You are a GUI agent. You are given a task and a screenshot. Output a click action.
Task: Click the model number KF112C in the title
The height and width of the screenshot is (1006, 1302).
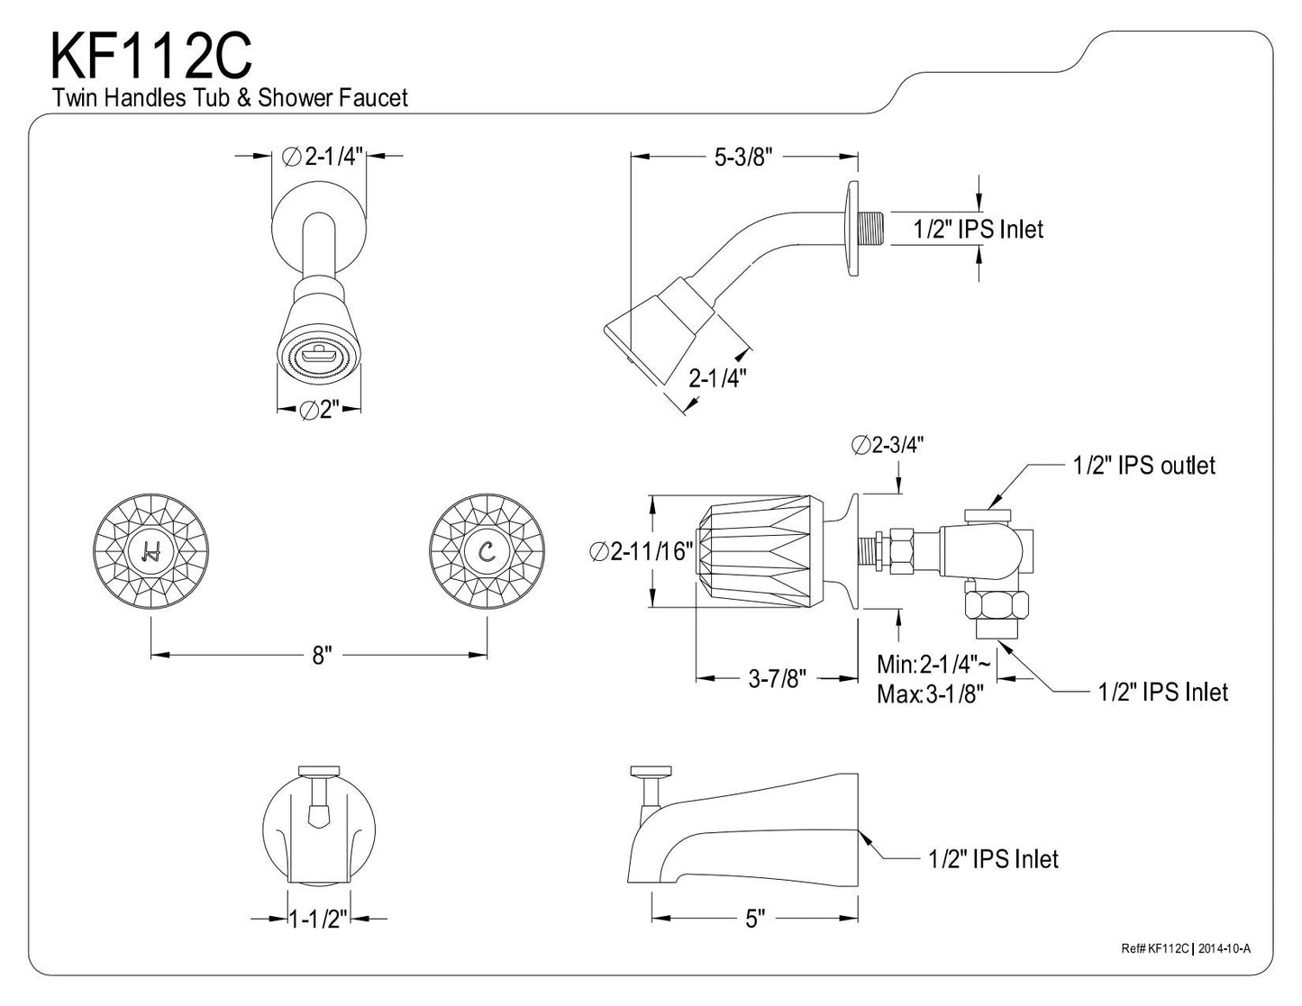point(150,56)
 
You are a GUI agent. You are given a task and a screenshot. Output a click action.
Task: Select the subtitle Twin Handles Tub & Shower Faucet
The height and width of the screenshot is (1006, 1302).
point(230,98)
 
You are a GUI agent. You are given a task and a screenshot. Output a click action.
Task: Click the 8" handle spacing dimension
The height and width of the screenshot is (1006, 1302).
point(322,655)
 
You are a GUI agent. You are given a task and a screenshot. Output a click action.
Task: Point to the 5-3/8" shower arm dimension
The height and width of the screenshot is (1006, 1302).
point(744,157)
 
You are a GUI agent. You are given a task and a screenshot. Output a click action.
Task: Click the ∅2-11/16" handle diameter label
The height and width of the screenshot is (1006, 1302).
point(642,551)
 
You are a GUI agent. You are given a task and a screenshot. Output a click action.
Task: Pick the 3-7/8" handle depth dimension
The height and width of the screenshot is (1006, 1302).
point(777,679)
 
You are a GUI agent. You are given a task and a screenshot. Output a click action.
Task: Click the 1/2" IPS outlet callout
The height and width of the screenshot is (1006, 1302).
point(1143,466)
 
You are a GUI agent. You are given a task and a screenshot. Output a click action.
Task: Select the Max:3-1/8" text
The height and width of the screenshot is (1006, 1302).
point(930,694)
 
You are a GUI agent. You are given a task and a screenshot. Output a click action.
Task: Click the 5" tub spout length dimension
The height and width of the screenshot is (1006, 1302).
point(754,918)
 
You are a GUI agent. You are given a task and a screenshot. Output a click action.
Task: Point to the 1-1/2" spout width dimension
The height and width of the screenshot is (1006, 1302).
point(318,919)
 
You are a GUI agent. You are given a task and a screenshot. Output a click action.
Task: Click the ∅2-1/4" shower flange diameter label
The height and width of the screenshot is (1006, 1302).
point(321,157)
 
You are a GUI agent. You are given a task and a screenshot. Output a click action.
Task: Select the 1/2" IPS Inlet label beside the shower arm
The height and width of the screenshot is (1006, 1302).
point(978,230)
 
